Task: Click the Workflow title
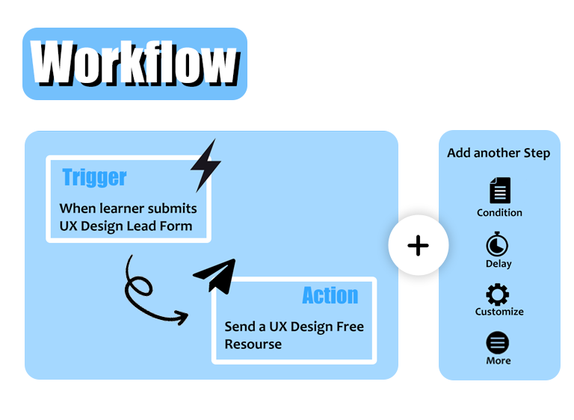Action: coord(135,64)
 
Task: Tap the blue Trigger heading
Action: coord(94,177)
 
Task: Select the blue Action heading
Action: coord(330,295)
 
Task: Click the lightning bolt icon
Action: coord(204,164)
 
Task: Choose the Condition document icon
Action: coord(499,191)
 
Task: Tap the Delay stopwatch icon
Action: coord(498,244)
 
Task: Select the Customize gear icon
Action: coord(498,294)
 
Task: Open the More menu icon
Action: coord(498,343)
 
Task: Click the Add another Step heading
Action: coord(499,153)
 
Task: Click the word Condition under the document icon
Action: coord(499,213)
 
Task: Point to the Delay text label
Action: coord(499,264)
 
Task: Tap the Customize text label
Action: coord(499,312)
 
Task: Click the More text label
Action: coord(499,361)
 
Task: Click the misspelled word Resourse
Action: coord(253,345)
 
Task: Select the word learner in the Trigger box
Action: coord(123,209)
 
